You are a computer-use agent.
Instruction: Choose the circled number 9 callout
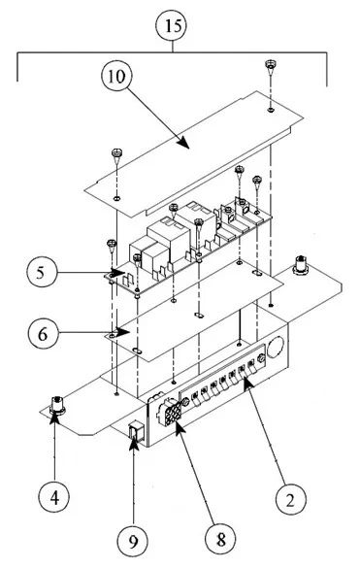[130, 536]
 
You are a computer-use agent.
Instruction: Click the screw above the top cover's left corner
[115, 152]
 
